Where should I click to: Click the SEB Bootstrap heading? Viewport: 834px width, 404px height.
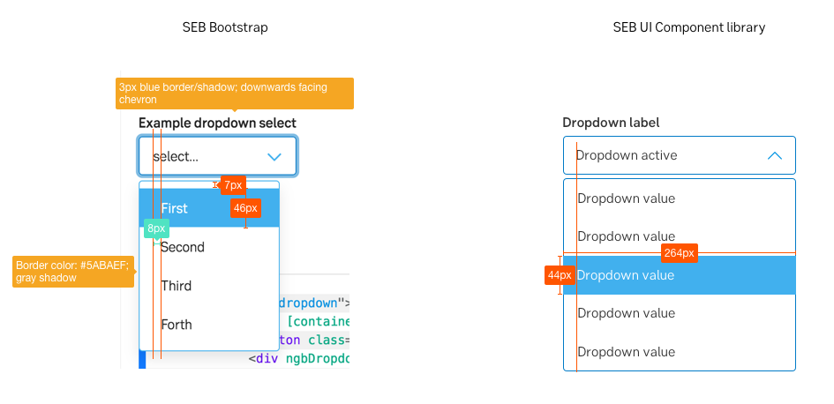tap(225, 27)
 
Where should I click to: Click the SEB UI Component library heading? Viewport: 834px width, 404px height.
tap(688, 27)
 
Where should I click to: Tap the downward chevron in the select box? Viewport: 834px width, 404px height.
tap(274, 157)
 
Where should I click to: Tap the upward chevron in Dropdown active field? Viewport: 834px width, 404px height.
tap(775, 155)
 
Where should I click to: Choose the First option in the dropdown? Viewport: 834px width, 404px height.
tap(175, 208)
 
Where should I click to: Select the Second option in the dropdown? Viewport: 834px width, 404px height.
tap(183, 247)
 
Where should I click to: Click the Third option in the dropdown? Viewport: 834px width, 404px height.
tap(177, 286)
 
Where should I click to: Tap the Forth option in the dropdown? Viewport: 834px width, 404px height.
tap(177, 325)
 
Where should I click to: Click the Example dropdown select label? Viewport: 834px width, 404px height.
tap(217, 123)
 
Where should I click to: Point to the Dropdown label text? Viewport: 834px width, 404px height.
tap(611, 123)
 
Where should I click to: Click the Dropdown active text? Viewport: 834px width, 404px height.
tap(627, 155)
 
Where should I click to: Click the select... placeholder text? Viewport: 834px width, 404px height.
tap(176, 157)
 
